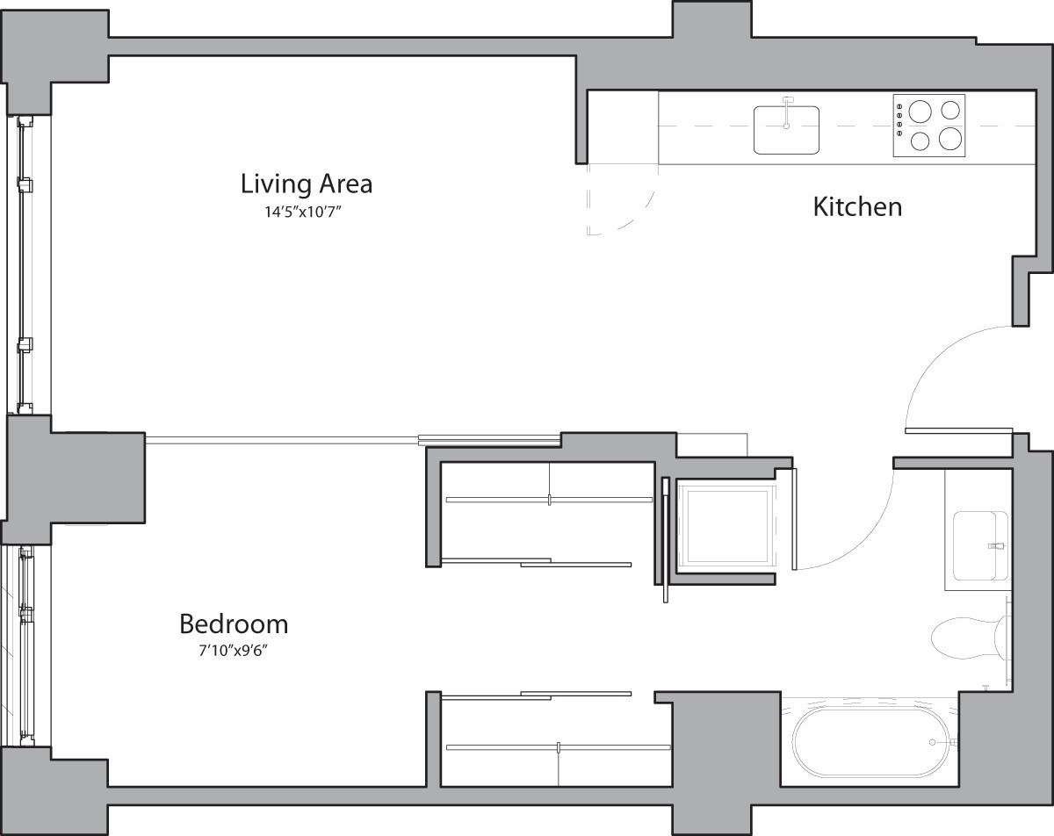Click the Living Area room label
coord(306,184)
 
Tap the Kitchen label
coord(857,207)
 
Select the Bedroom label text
coord(234,624)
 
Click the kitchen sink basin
coord(786,132)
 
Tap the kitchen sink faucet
coord(788,104)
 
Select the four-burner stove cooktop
coord(928,126)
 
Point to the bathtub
coord(871,742)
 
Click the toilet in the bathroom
coord(966,638)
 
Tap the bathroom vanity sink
coord(978,545)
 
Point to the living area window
coord(25,263)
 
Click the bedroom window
coord(25,645)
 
